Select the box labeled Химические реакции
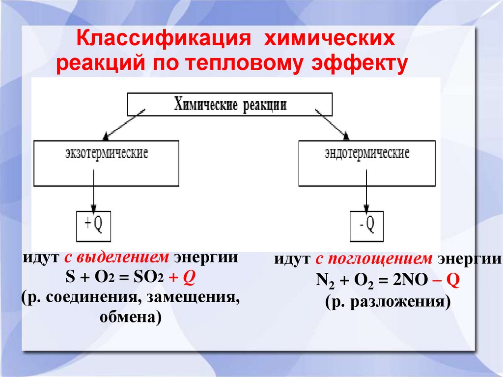pyautogui.click(x=230, y=104)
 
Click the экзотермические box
pyautogui.click(x=106, y=163)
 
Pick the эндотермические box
pyautogui.click(x=366, y=163)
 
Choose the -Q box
pyautogui.click(x=366, y=226)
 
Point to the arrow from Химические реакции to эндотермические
pyautogui.click(x=332, y=123)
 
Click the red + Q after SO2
pyautogui.click(x=183, y=278)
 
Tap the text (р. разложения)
pyautogui.click(x=387, y=301)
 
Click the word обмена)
pyautogui.click(x=130, y=318)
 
